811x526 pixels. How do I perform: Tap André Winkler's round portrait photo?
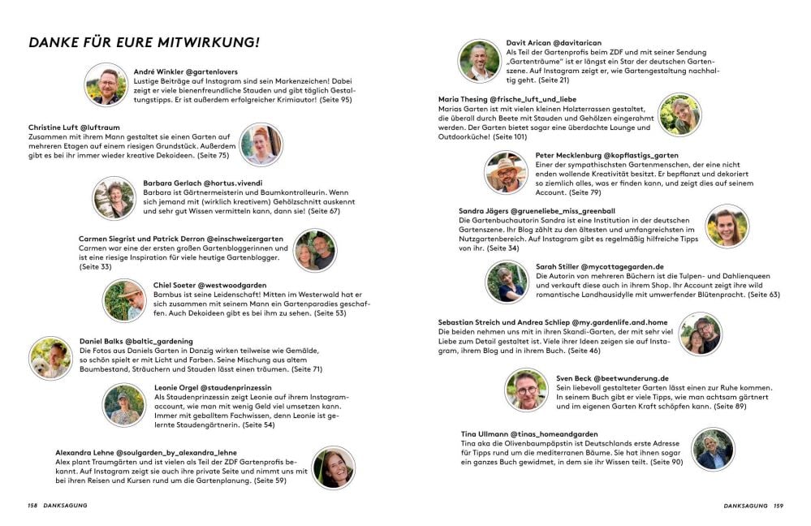click(x=106, y=84)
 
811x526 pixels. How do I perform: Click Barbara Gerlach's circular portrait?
click(x=114, y=198)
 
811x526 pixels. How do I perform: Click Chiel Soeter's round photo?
click(x=125, y=300)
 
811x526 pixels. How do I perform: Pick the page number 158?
click(x=32, y=505)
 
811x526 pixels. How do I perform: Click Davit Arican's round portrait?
click(x=479, y=61)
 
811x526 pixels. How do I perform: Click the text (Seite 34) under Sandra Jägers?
click(x=501, y=248)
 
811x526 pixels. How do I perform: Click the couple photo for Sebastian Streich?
click(x=700, y=334)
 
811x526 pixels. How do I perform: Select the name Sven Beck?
click(x=554, y=378)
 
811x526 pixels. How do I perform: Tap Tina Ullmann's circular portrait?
click(x=713, y=449)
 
